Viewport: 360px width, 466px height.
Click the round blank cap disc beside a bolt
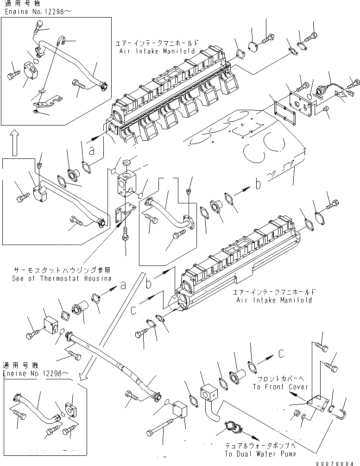pyautogui.click(x=254, y=47)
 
